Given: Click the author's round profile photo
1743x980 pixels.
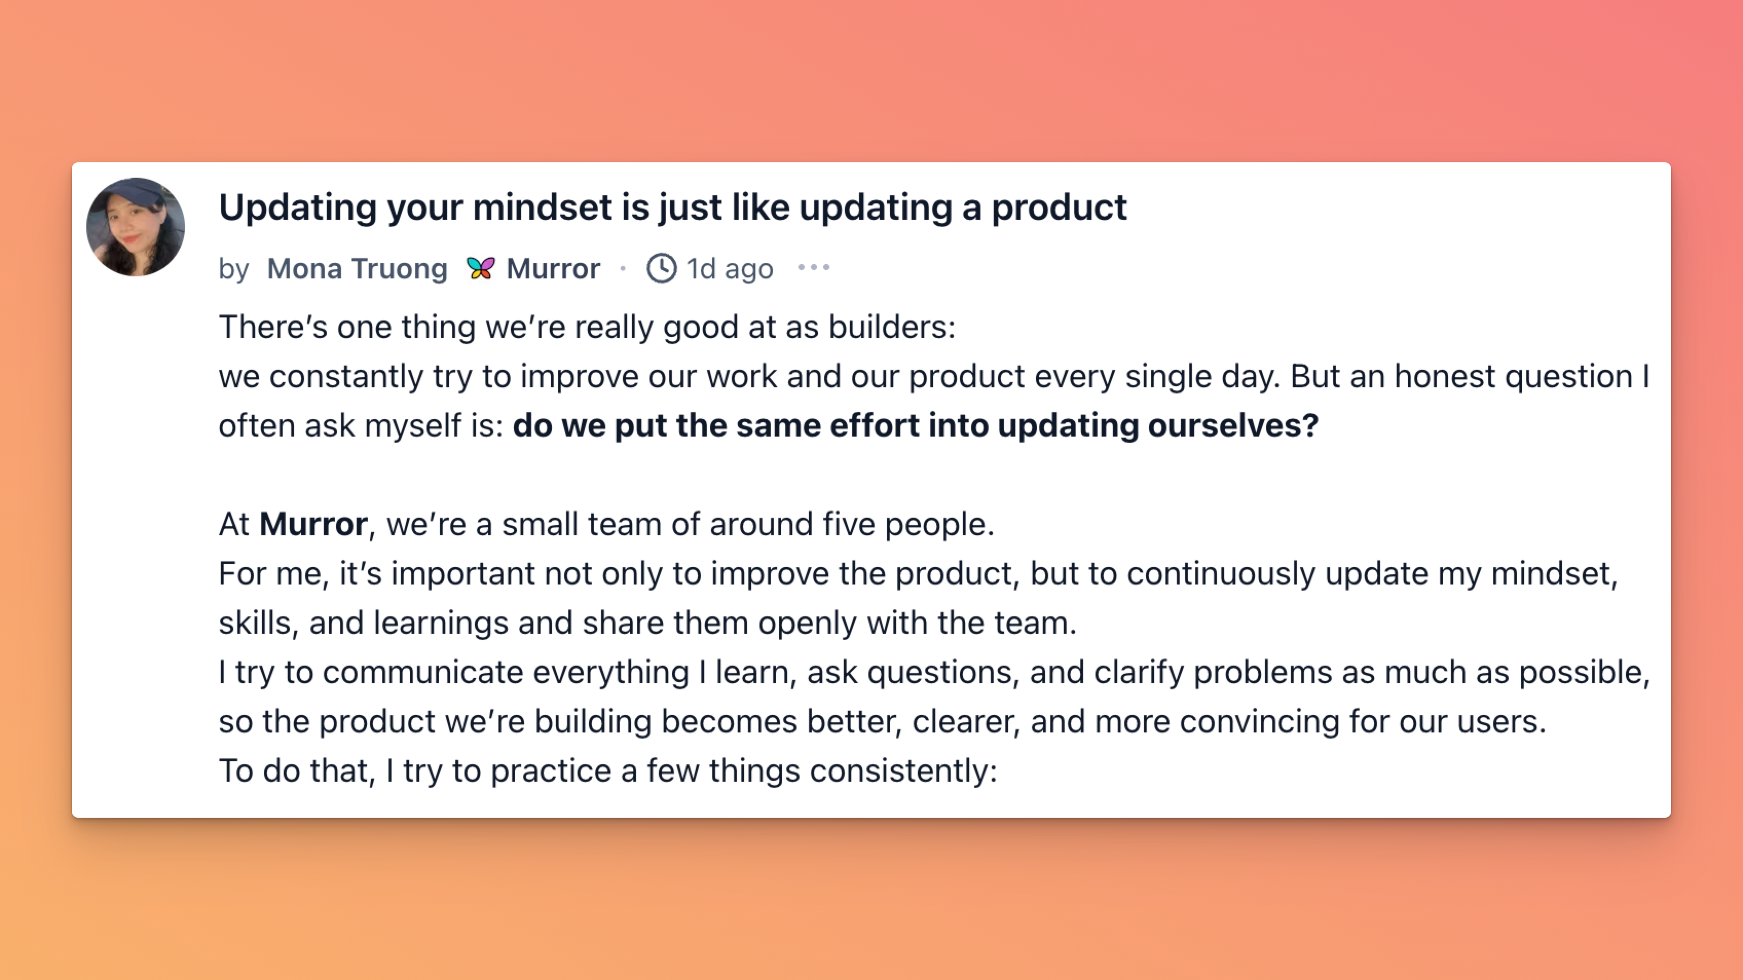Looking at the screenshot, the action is tap(135, 227).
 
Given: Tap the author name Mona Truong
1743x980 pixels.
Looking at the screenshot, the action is tap(357, 269).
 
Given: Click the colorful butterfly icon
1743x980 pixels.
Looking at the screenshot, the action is tap(480, 268).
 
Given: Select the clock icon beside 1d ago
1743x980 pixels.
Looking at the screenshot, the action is tap(661, 268).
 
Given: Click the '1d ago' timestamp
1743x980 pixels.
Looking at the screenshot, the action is tap(729, 269).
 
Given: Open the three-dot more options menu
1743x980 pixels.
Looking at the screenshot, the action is tap(813, 268).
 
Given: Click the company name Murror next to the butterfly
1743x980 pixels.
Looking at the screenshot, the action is tap(553, 269).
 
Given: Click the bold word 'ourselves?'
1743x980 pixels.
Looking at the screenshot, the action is tap(1233, 425).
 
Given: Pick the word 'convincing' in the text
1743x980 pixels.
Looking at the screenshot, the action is tap(1259, 722).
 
